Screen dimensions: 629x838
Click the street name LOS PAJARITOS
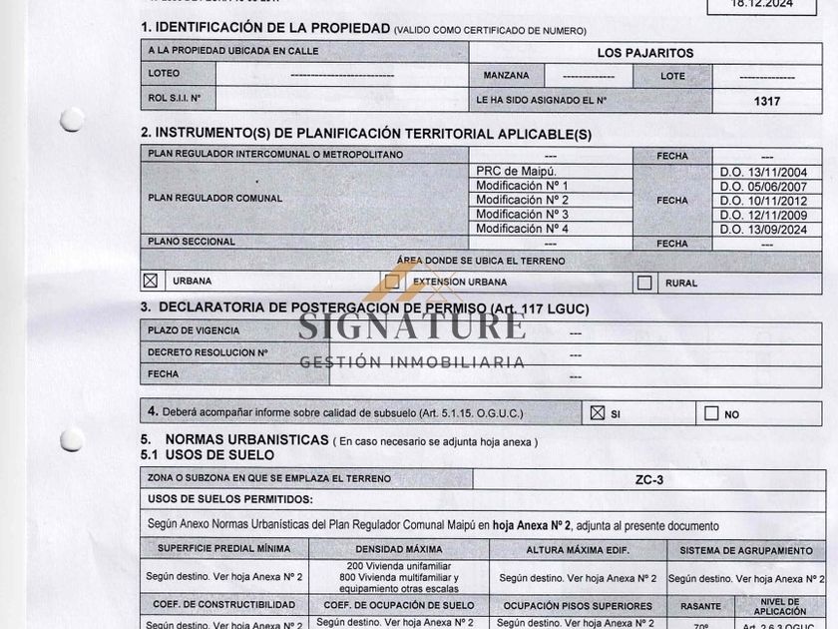(x=645, y=53)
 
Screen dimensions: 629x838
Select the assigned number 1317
(x=767, y=101)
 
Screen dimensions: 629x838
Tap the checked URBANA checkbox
(x=151, y=282)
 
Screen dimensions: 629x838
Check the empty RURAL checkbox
(x=644, y=283)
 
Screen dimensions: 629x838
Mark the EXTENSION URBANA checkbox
(x=393, y=283)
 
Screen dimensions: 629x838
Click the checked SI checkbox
(x=598, y=412)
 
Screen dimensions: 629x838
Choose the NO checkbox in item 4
(x=711, y=412)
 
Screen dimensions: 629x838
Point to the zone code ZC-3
(x=649, y=479)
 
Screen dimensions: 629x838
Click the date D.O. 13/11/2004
(x=770, y=172)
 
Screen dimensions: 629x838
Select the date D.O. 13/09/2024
(x=770, y=229)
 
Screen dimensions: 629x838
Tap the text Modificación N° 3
(x=522, y=214)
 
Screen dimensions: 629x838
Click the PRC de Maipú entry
(x=516, y=171)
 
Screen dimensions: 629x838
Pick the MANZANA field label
(x=507, y=76)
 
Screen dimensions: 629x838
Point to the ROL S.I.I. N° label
(x=175, y=99)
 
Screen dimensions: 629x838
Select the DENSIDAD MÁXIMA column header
(x=398, y=549)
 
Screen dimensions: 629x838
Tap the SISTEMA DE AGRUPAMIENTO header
(x=746, y=550)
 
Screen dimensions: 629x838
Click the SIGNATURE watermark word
(x=412, y=325)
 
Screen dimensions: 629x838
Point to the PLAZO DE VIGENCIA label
(x=194, y=330)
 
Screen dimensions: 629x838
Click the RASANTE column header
(x=700, y=606)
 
